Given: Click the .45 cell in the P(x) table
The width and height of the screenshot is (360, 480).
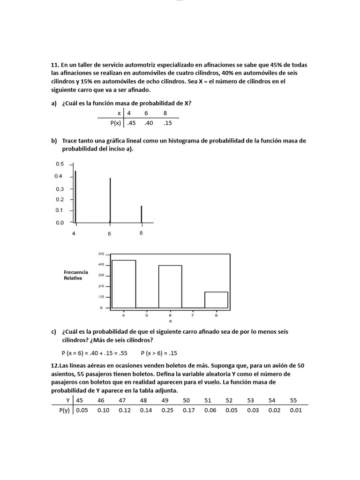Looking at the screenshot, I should [132, 123].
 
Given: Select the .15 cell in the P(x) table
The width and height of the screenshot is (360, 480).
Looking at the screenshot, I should [168, 123].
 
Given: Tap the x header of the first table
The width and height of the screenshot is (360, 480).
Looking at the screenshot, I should [119, 113].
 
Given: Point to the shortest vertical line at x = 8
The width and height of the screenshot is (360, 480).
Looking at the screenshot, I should [142, 214].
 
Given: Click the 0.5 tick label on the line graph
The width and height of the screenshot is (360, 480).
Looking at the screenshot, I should [60, 164].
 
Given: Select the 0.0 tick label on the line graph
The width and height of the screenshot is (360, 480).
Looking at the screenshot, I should [60, 223].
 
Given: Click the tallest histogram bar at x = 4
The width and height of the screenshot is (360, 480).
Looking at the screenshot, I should [124, 284].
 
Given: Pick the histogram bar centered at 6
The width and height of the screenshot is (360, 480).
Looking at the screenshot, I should [170, 286].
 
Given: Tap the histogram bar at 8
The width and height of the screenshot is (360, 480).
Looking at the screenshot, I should [216, 300].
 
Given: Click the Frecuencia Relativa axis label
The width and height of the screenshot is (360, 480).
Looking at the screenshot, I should [75, 275].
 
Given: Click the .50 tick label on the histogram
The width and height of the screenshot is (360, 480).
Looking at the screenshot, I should [100, 254].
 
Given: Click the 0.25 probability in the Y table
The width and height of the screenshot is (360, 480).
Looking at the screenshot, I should [165, 410].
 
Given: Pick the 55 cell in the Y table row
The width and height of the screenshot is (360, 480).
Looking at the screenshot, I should [294, 400].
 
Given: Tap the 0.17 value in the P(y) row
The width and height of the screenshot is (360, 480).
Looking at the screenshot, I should [187, 410].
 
